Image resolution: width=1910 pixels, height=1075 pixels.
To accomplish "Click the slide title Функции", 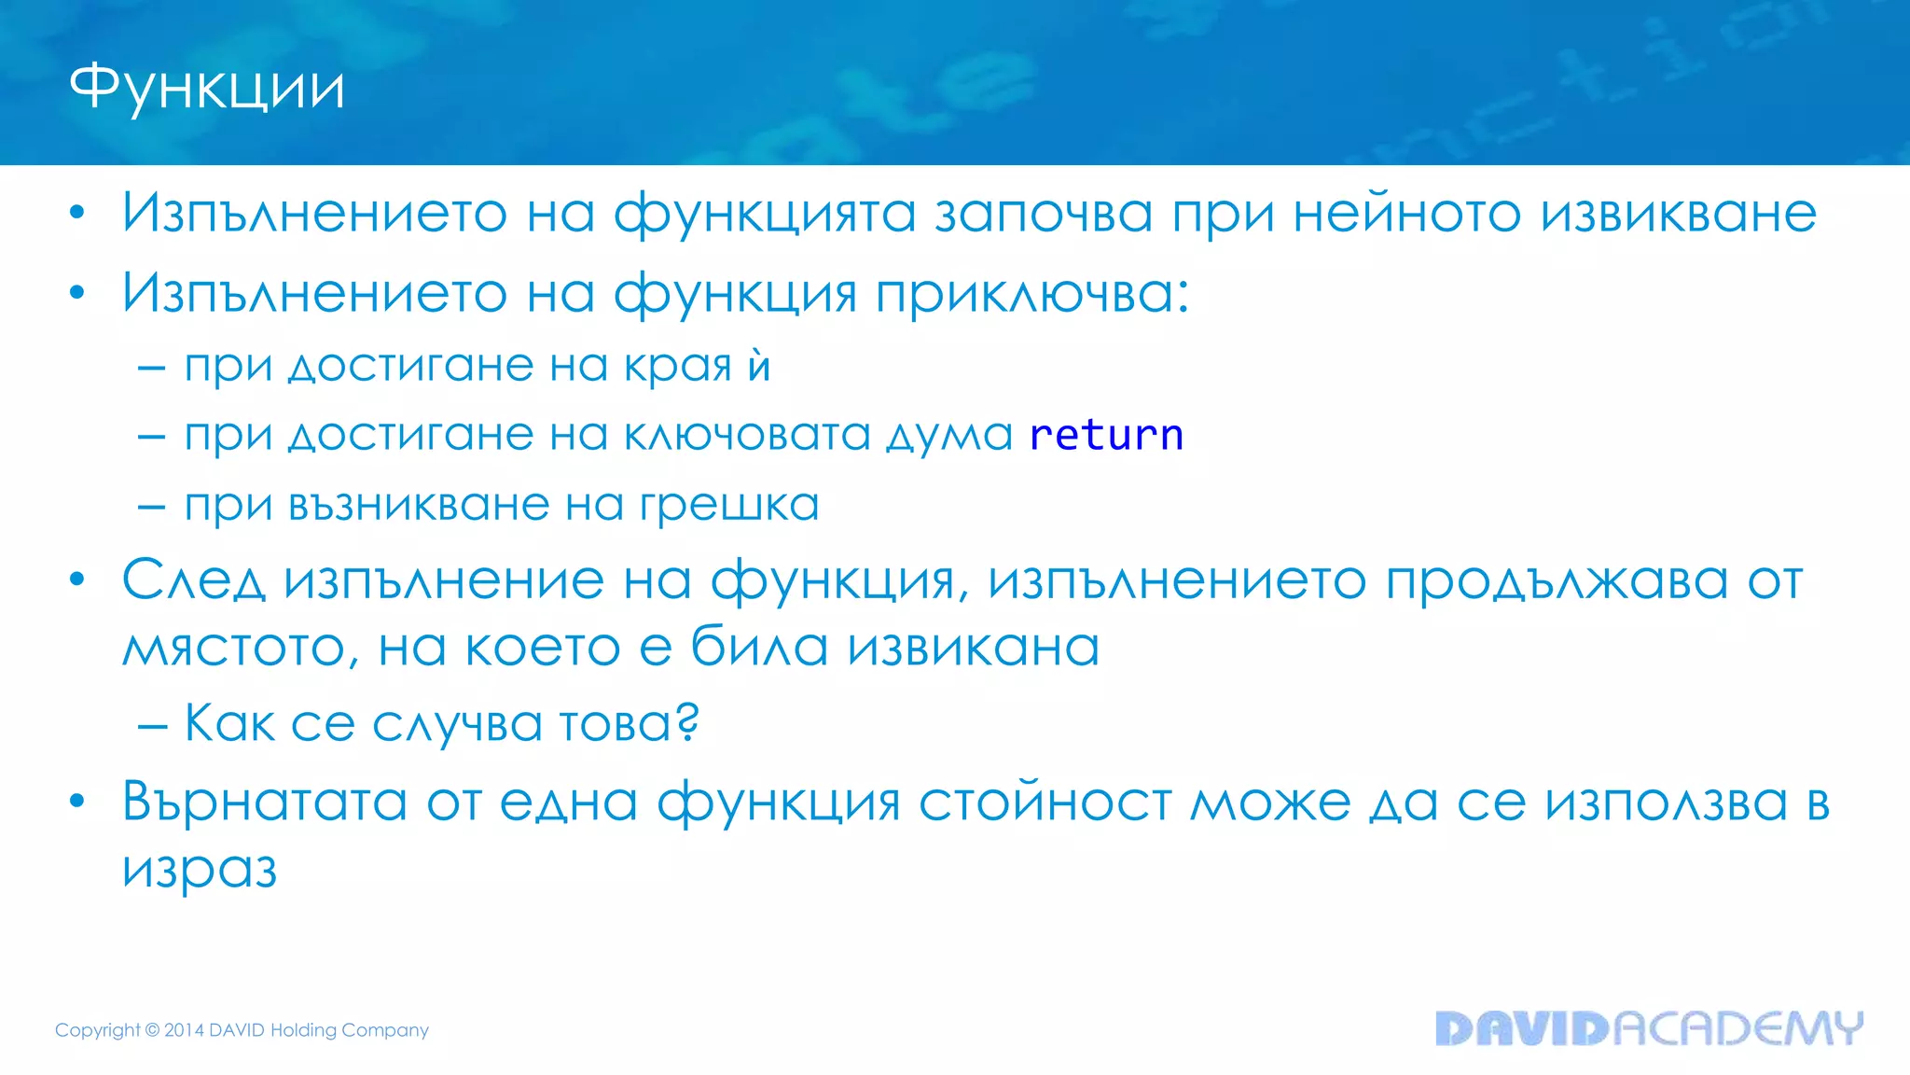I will pos(207,89).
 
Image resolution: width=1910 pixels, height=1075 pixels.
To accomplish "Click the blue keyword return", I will pos(1106,435).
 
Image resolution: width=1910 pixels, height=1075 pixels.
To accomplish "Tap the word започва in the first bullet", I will pos(1044,213).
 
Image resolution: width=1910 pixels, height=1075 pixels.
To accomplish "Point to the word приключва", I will pos(1031,294).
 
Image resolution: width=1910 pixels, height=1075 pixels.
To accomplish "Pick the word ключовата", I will pos(746,435).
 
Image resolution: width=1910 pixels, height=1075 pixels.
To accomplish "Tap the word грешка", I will pos(728,506).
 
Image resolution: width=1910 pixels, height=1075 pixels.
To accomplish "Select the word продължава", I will pos(1557,582).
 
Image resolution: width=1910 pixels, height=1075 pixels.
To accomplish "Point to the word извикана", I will pos(974,648).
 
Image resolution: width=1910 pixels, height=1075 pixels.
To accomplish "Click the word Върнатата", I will pos(265,803).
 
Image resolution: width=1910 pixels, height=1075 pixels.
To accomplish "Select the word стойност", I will pos(1045,803).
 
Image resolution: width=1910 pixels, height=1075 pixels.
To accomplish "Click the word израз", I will pos(200,870).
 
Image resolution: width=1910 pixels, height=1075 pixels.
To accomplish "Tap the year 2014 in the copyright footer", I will pos(184,1030).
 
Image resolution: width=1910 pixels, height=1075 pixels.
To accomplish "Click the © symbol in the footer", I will pos(152,1030).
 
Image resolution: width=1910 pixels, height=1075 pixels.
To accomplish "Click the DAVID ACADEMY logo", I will pos(1648,1028).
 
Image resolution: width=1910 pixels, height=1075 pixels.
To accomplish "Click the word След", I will pos(193,582).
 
